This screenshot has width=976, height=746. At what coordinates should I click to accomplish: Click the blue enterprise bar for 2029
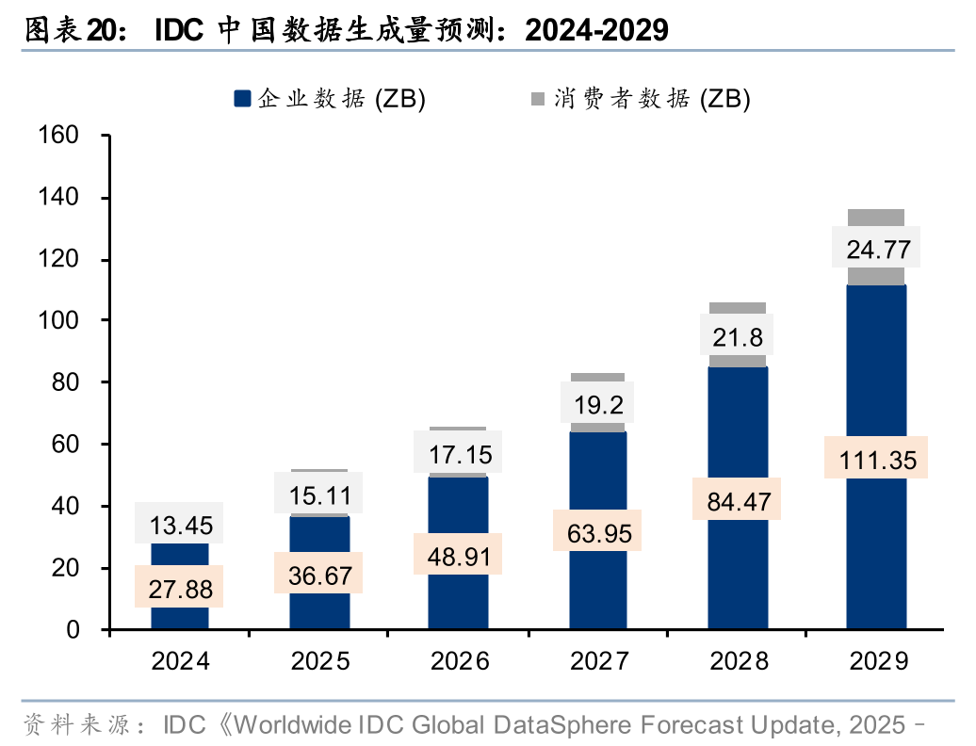tap(876, 546)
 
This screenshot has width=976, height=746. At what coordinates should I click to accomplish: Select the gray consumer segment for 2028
tap(737, 309)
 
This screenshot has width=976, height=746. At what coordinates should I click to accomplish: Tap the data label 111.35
tap(876, 458)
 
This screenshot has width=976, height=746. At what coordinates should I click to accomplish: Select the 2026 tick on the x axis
tap(459, 660)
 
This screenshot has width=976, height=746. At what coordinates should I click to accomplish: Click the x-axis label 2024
tap(180, 660)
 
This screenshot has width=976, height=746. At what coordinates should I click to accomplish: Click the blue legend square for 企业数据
tap(242, 98)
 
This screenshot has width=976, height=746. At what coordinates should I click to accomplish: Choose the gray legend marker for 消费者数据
tap(538, 98)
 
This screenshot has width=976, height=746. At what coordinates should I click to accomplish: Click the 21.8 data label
tap(737, 336)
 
